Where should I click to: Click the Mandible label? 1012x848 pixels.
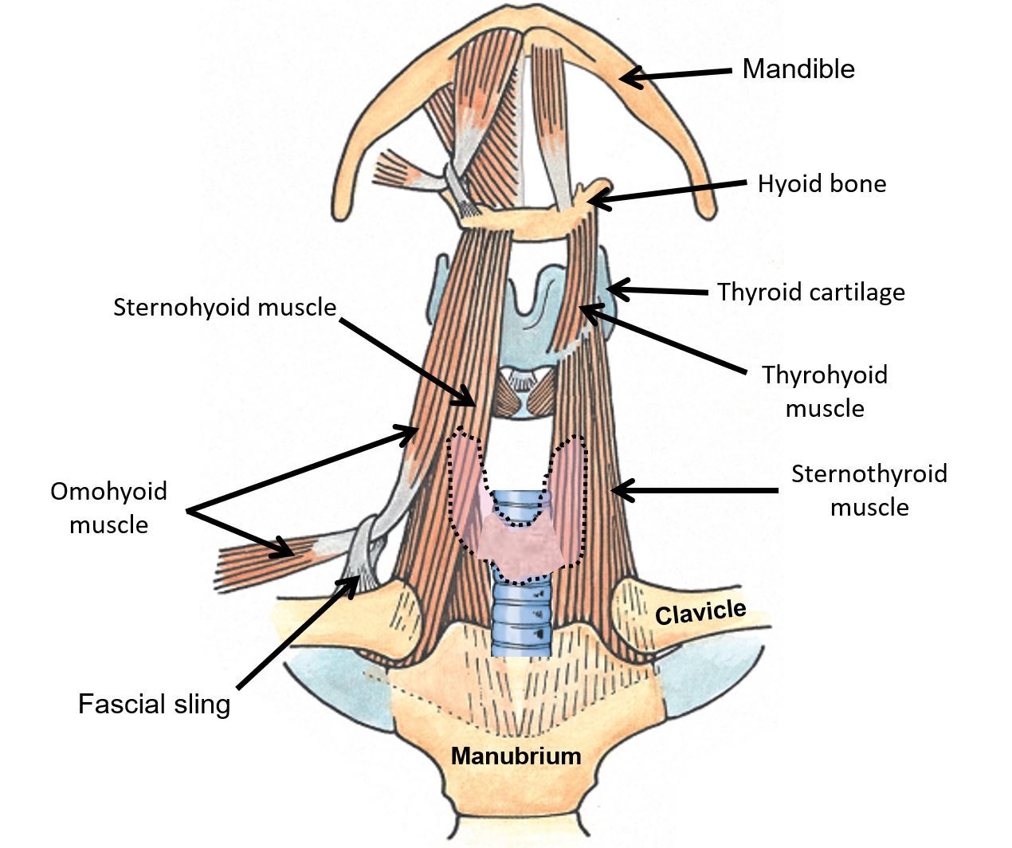(x=798, y=69)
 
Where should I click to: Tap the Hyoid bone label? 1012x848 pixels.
(x=821, y=184)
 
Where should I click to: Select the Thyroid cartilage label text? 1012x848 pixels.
(x=810, y=292)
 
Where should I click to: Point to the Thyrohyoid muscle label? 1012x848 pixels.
(x=825, y=391)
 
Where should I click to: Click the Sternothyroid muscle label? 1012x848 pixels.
(x=869, y=489)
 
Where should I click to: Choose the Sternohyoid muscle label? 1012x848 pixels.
(x=225, y=307)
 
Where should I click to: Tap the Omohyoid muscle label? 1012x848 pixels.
(x=108, y=507)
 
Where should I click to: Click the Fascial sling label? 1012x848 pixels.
(x=154, y=704)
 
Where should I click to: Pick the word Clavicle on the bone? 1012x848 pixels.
(x=700, y=612)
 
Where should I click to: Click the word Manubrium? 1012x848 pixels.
(x=516, y=755)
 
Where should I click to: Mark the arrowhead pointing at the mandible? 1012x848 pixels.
(x=629, y=77)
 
